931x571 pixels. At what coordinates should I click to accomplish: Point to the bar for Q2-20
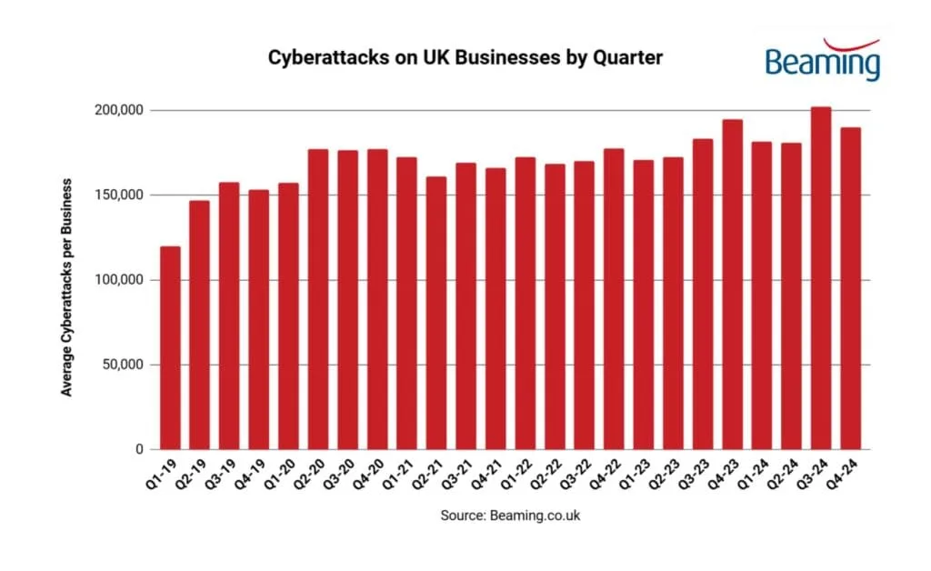(318, 299)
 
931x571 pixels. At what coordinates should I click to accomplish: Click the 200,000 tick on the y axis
(118, 110)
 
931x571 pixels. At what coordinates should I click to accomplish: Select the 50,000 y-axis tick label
(122, 365)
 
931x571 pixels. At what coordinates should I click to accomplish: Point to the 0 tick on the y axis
(139, 449)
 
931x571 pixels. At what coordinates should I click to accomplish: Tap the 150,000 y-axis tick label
(118, 195)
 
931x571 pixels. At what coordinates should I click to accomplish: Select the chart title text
(465, 56)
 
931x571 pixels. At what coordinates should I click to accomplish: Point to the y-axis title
(66, 285)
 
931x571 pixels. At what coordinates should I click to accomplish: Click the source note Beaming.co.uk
(510, 516)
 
